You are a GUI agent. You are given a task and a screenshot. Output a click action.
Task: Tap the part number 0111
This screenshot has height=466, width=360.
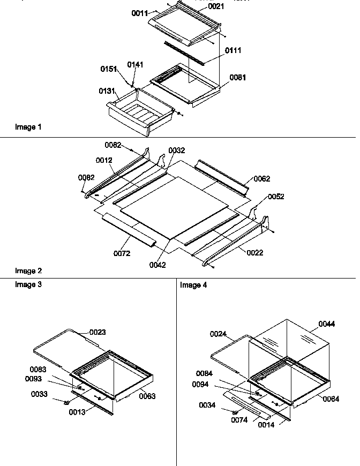(232, 50)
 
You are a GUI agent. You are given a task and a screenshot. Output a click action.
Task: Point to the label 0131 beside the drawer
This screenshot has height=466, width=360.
(106, 91)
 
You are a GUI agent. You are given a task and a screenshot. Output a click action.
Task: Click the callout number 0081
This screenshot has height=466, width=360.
(238, 77)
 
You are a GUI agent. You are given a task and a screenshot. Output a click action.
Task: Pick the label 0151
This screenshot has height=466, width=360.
(109, 69)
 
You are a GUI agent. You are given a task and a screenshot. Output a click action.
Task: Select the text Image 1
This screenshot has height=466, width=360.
(28, 127)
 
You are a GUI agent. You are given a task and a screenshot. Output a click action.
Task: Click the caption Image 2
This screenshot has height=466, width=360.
(28, 271)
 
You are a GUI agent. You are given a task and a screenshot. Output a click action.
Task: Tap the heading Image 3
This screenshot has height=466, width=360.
(28, 284)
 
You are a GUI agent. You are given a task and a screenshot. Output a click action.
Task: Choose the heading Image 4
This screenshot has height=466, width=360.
(193, 285)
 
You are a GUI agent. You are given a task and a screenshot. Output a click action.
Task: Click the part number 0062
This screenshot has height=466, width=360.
(262, 178)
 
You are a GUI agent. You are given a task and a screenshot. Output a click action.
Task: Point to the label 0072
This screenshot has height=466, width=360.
(122, 253)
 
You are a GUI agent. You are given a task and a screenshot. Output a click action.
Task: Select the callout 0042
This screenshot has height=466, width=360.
(157, 265)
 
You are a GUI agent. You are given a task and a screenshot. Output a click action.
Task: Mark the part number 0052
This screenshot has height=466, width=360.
(276, 197)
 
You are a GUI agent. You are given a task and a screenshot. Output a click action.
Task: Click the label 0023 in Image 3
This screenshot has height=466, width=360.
(97, 332)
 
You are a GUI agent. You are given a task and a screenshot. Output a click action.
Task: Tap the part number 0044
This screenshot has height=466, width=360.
(327, 324)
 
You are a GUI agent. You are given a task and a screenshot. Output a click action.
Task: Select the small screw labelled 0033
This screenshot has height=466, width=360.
(67, 402)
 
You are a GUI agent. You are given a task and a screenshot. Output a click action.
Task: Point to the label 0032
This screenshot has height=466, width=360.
(177, 151)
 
